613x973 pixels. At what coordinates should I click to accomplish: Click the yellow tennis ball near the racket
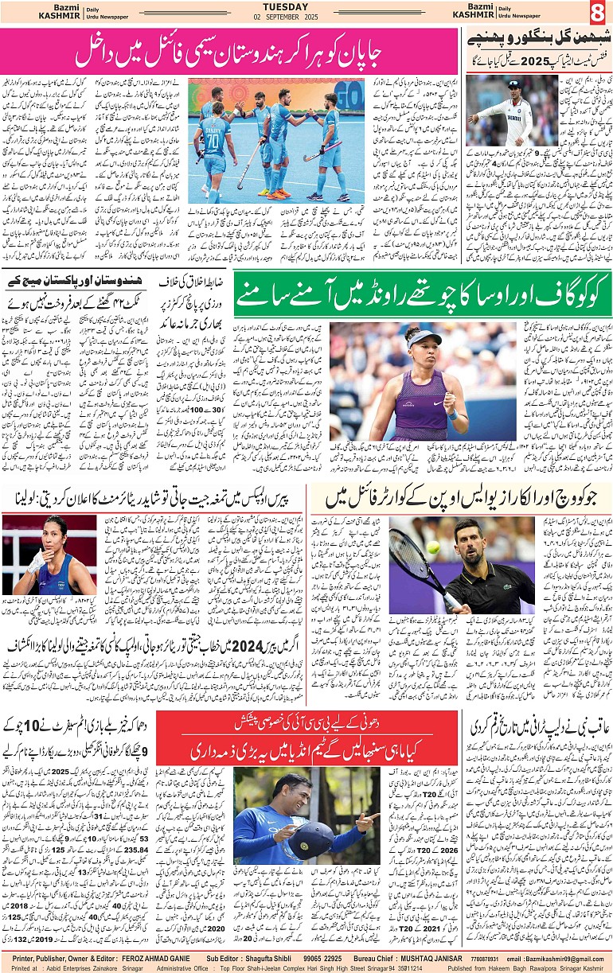point(433,547)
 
